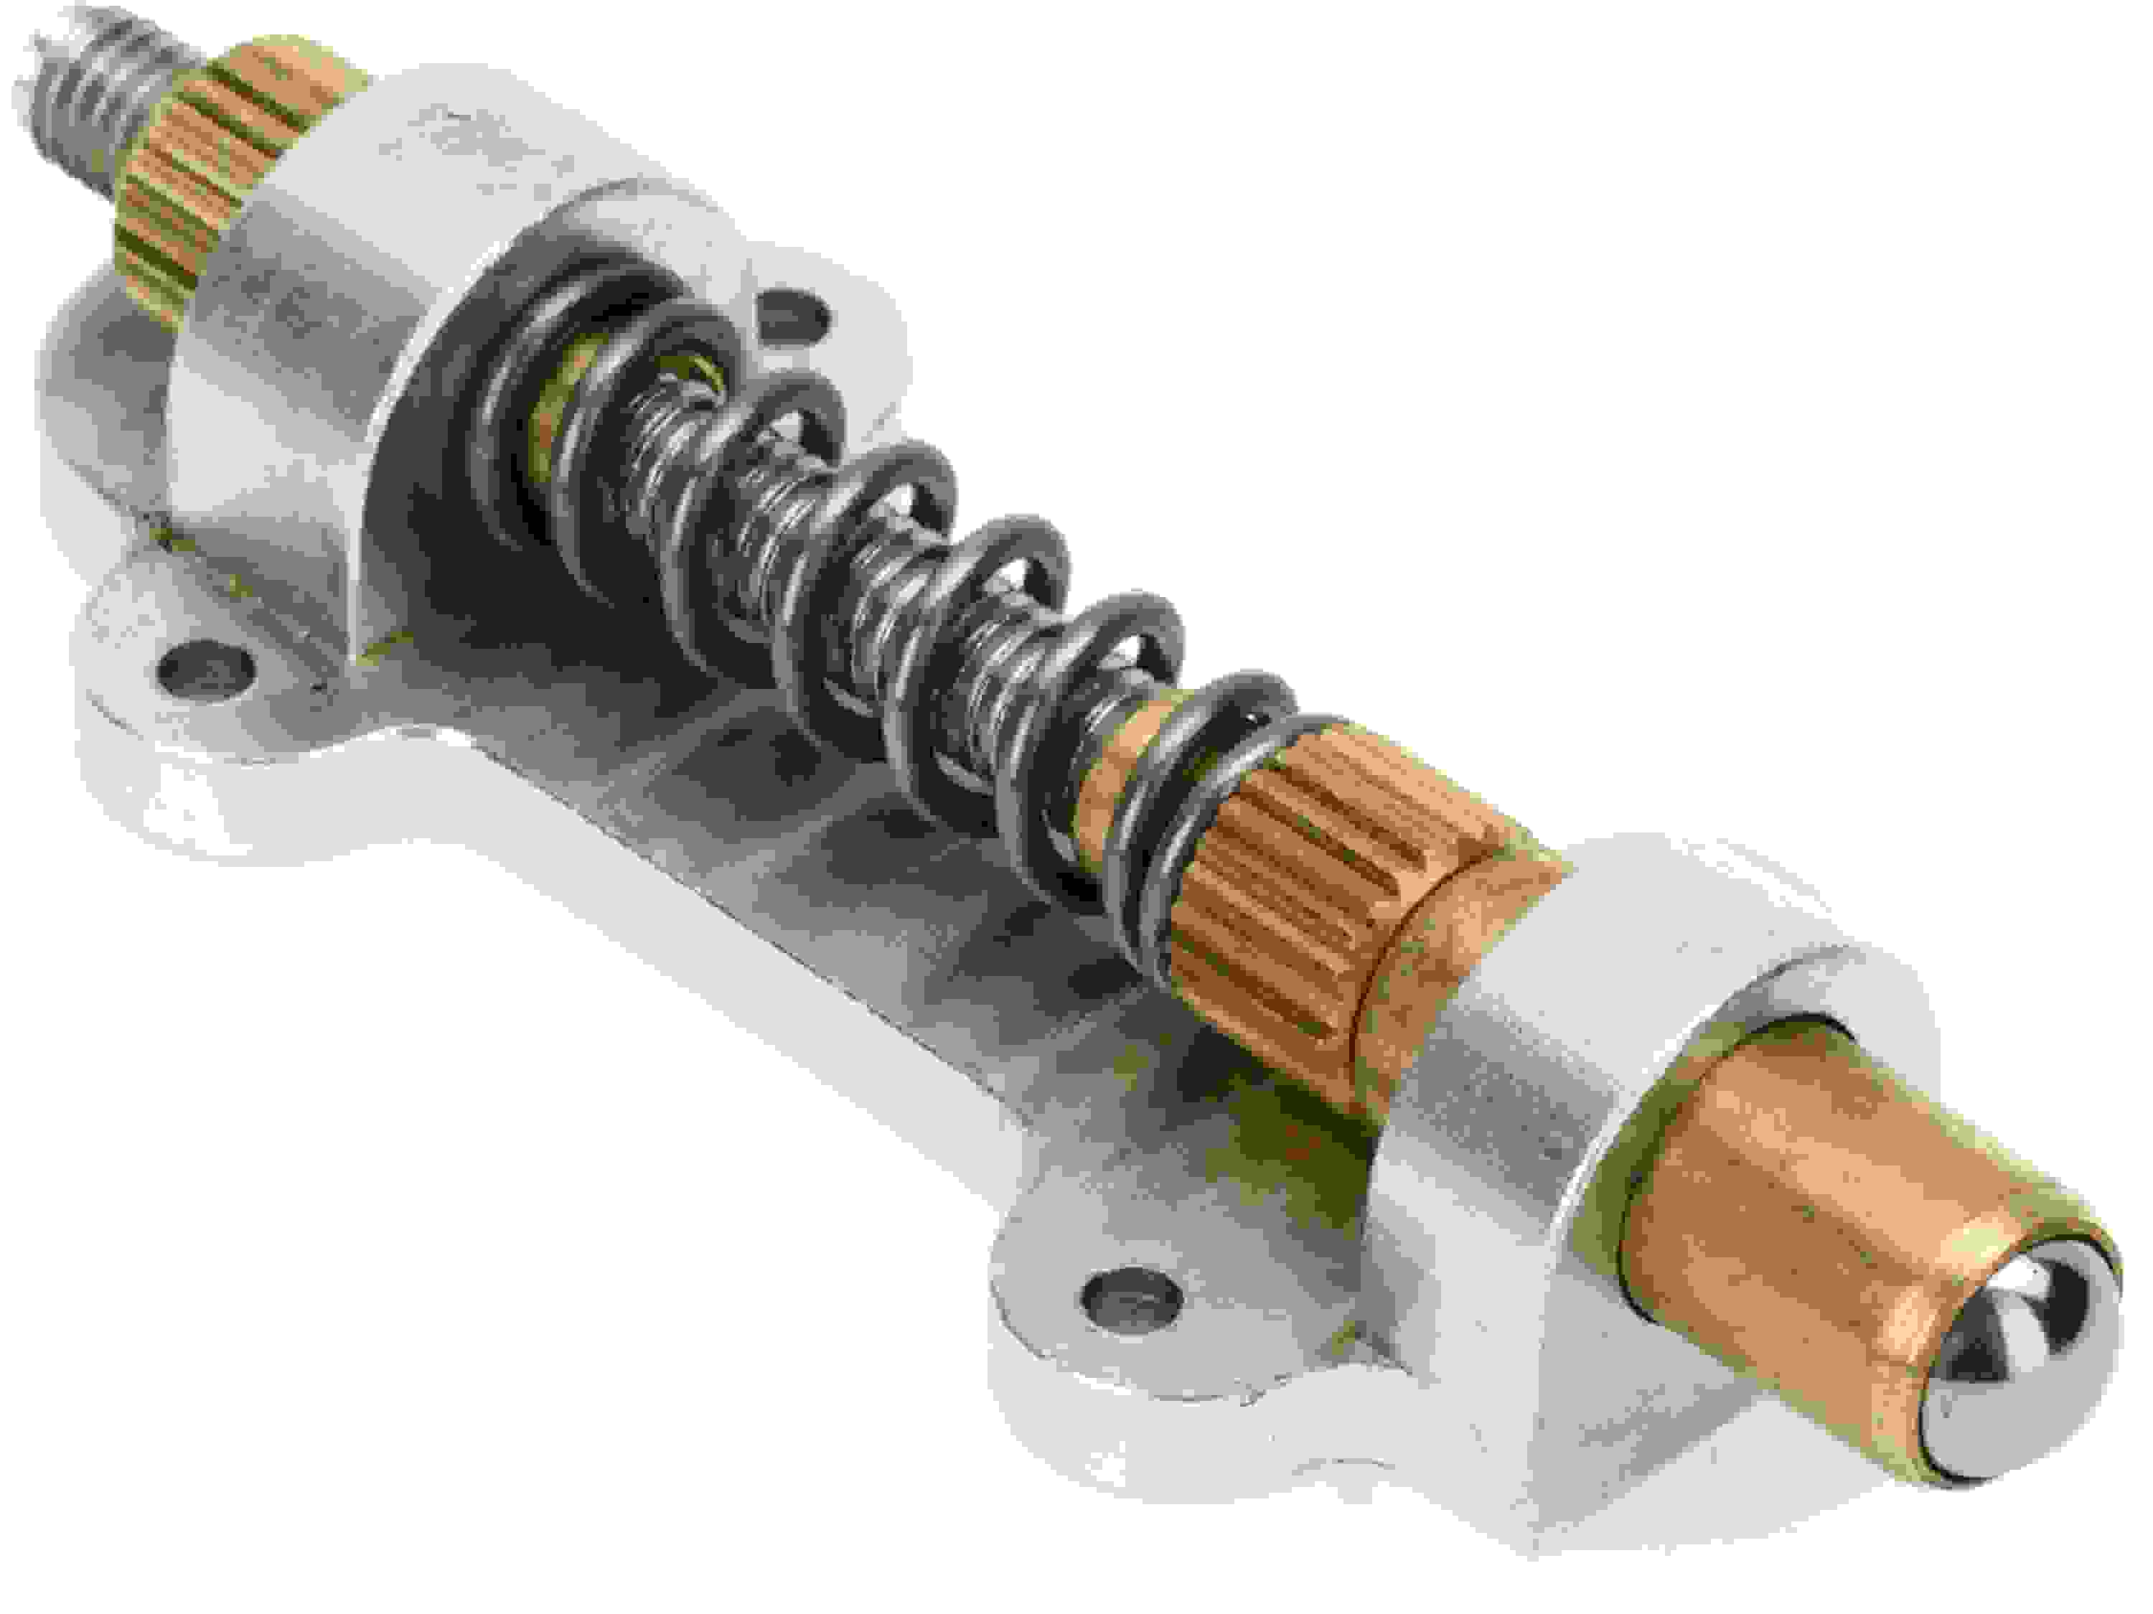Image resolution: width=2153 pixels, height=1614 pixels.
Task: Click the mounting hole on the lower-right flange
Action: pyautogui.click(x=1132, y=1292)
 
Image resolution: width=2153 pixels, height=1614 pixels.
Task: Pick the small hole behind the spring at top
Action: pyautogui.click(x=793, y=317)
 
